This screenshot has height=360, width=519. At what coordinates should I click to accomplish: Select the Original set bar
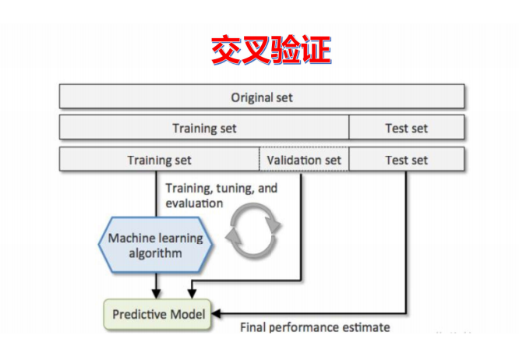coord(262,97)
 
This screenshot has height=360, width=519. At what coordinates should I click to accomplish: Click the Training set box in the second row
coord(204,128)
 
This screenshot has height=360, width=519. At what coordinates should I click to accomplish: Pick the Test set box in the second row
coord(406,128)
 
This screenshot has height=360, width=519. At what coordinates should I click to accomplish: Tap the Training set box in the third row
coord(159,160)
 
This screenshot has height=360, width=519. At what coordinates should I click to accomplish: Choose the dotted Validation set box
coord(304,160)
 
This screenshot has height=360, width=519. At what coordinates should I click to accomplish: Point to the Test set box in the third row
coord(406,160)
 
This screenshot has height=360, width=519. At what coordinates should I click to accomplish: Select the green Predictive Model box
coord(159,314)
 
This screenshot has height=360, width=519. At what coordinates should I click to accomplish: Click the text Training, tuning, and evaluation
coord(221,196)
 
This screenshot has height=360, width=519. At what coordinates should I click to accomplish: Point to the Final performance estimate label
coord(315,327)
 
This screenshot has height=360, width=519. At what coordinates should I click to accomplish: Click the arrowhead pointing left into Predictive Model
coord(219,314)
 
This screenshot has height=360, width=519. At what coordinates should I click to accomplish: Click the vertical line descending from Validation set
coord(302,226)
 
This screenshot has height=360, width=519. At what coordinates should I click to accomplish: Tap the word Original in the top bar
coord(249,97)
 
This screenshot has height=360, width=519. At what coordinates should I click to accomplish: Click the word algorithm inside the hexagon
coord(157,253)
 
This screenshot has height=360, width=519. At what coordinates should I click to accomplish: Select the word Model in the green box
coord(189,314)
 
